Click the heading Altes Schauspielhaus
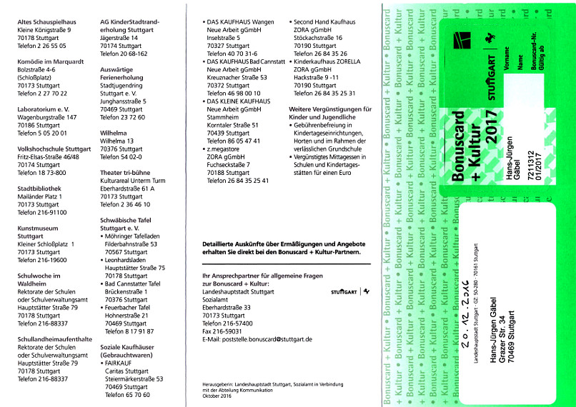[46, 24]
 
